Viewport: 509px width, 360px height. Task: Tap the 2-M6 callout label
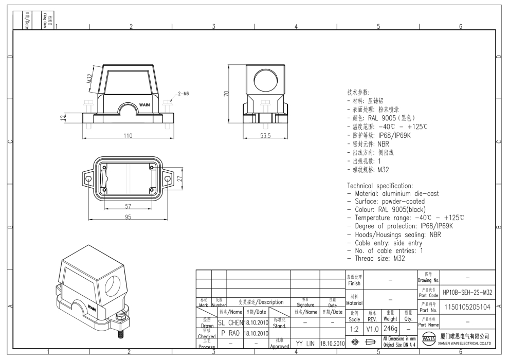coord(184,94)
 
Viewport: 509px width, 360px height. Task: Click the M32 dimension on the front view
coord(89,78)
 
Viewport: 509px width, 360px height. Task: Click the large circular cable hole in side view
coord(265,80)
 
